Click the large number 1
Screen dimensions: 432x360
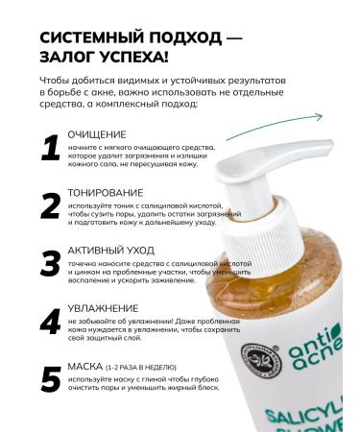50,148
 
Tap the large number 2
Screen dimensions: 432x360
50,205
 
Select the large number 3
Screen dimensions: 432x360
50,265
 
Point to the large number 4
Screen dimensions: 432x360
50,324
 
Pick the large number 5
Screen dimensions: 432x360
50,381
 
